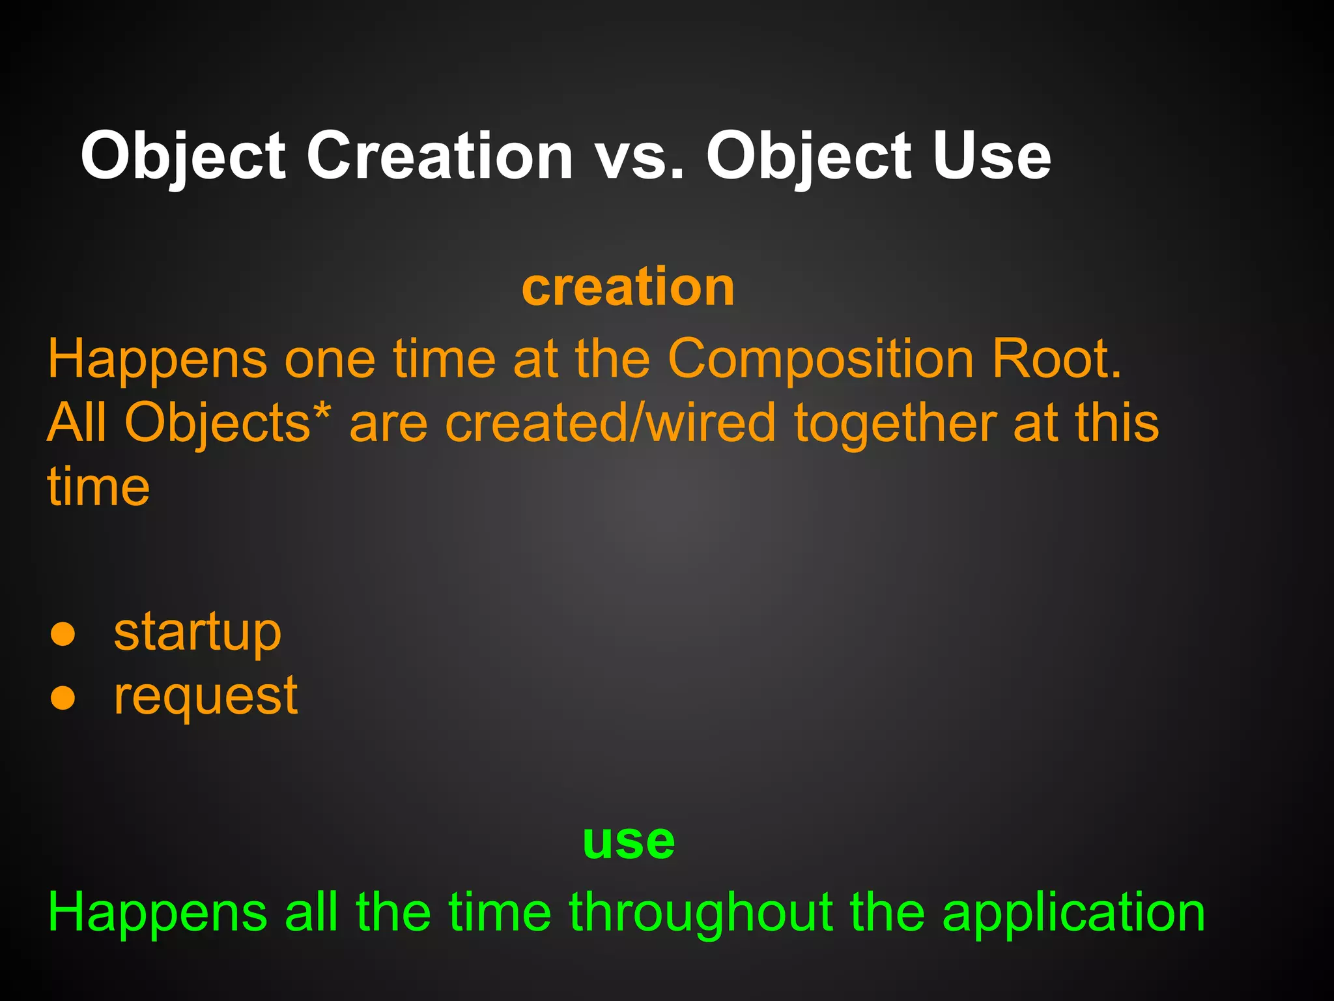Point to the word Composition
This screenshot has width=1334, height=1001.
click(820, 359)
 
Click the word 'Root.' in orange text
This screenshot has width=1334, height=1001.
click(1057, 359)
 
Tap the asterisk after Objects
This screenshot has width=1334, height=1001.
click(322, 412)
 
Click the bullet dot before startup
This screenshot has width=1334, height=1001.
click(63, 634)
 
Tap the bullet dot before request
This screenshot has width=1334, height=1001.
click(63, 698)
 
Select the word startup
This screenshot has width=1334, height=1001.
click(197, 633)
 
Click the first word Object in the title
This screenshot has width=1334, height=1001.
click(183, 156)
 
